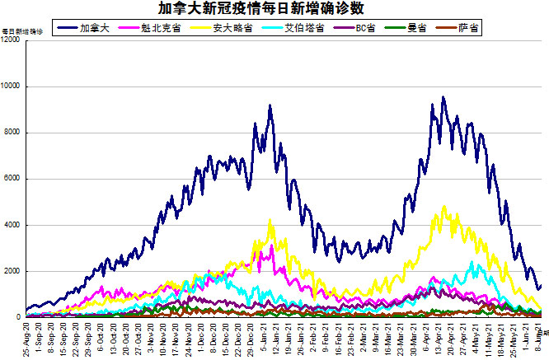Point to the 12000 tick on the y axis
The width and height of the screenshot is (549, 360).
pyautogui.click(x=11, y=40)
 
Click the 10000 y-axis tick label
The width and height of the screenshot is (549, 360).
pyautogui.click(x=11, y=86)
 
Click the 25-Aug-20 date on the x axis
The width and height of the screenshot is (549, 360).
pyautogui.click(x=27, y=339)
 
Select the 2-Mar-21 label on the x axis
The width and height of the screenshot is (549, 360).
pyautogui.click(x=362, y=339)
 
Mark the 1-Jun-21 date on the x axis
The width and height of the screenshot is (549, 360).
pyautogui.click(x=523, y=339)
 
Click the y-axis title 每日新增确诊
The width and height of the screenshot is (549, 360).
pyautogui.click(x=21, y=31)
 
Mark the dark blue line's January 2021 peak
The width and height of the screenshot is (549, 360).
pyautogui.click(x=270, y=105)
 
